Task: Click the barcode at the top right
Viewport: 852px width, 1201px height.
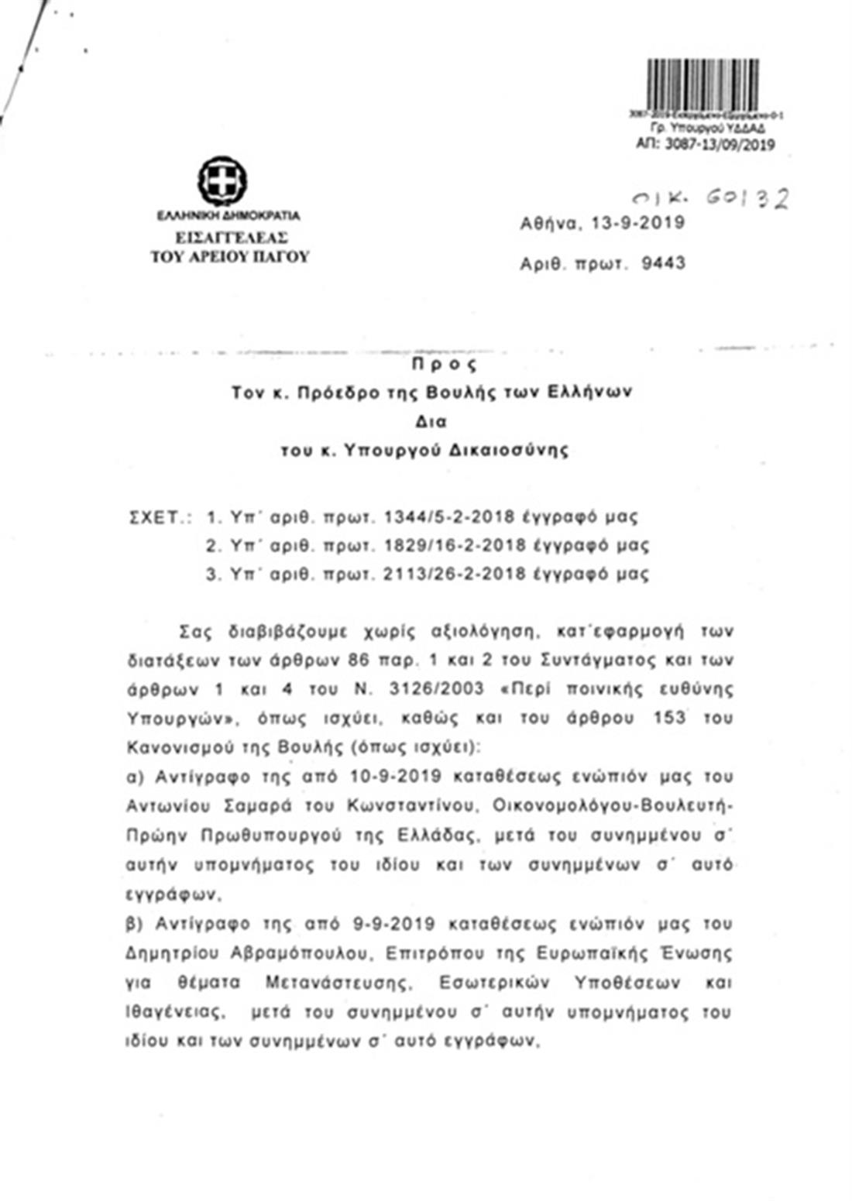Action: [703, 84]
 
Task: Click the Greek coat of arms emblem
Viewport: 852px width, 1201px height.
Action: [222, 180]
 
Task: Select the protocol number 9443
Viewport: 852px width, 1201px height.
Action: [664, 263]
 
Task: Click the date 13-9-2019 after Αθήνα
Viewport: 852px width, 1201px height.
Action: [637, 223]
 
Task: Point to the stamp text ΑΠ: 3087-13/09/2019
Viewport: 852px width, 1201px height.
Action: [705, 144]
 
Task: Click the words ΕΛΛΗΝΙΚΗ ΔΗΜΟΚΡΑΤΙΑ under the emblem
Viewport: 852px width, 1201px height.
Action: [228, 215]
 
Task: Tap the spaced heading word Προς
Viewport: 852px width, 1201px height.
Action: [444, 364]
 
